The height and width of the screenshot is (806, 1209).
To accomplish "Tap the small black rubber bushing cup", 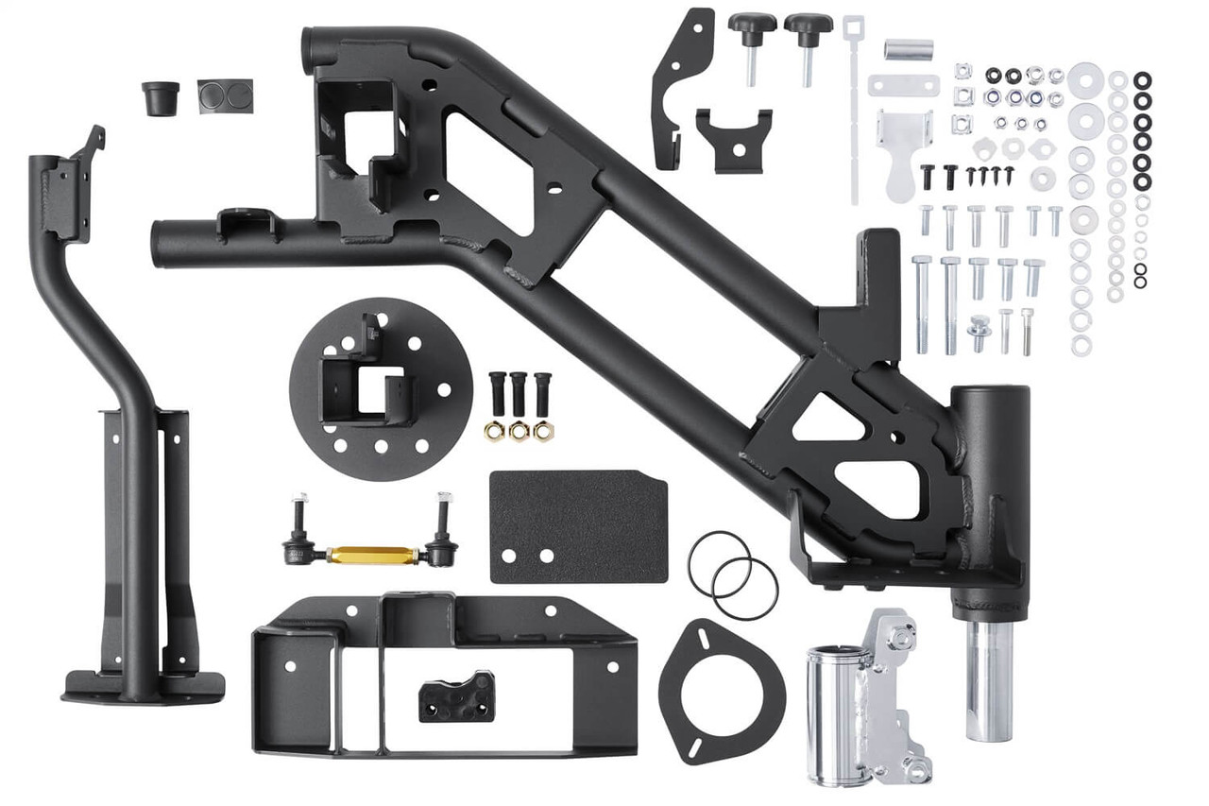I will click(x=161, y=96).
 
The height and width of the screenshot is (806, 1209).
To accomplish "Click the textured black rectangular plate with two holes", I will click(x=578, y=525).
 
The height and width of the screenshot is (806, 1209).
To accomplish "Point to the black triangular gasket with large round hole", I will click(x=722, y=678).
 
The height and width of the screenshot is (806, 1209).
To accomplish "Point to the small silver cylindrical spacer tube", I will click(x=910, y=49).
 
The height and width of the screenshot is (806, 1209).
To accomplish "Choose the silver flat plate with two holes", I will click(x=904, y=85).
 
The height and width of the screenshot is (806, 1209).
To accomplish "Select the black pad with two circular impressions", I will click(x=225, y=95).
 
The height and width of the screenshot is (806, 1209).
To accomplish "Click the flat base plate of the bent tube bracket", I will click(x=143, y=686).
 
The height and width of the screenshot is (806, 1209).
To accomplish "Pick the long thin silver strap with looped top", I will click(x=854, y=104).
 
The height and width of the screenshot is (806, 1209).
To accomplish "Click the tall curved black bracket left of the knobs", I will click(x=677, y=85).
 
